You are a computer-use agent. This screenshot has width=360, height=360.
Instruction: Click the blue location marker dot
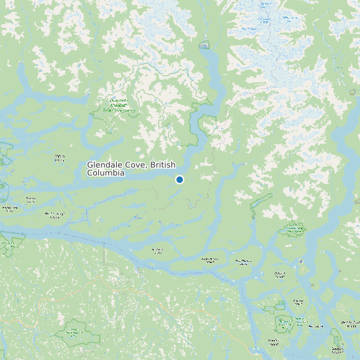click(179, 179)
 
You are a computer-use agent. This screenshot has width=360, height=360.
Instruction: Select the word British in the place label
click(166, 165)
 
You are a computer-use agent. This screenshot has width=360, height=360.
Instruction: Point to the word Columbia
click(106, 173)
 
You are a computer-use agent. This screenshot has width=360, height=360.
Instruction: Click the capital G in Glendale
click(90, 165)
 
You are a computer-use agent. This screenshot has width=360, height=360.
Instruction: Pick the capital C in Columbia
click(90, 173)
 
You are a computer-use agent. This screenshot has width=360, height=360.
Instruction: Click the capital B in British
click(154, 165)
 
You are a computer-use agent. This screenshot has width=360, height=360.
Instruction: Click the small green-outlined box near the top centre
click(204, 45)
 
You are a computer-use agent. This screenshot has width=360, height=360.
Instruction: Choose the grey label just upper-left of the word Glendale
click(60, 158)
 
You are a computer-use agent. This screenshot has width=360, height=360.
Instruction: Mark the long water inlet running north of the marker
click(211, 80)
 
